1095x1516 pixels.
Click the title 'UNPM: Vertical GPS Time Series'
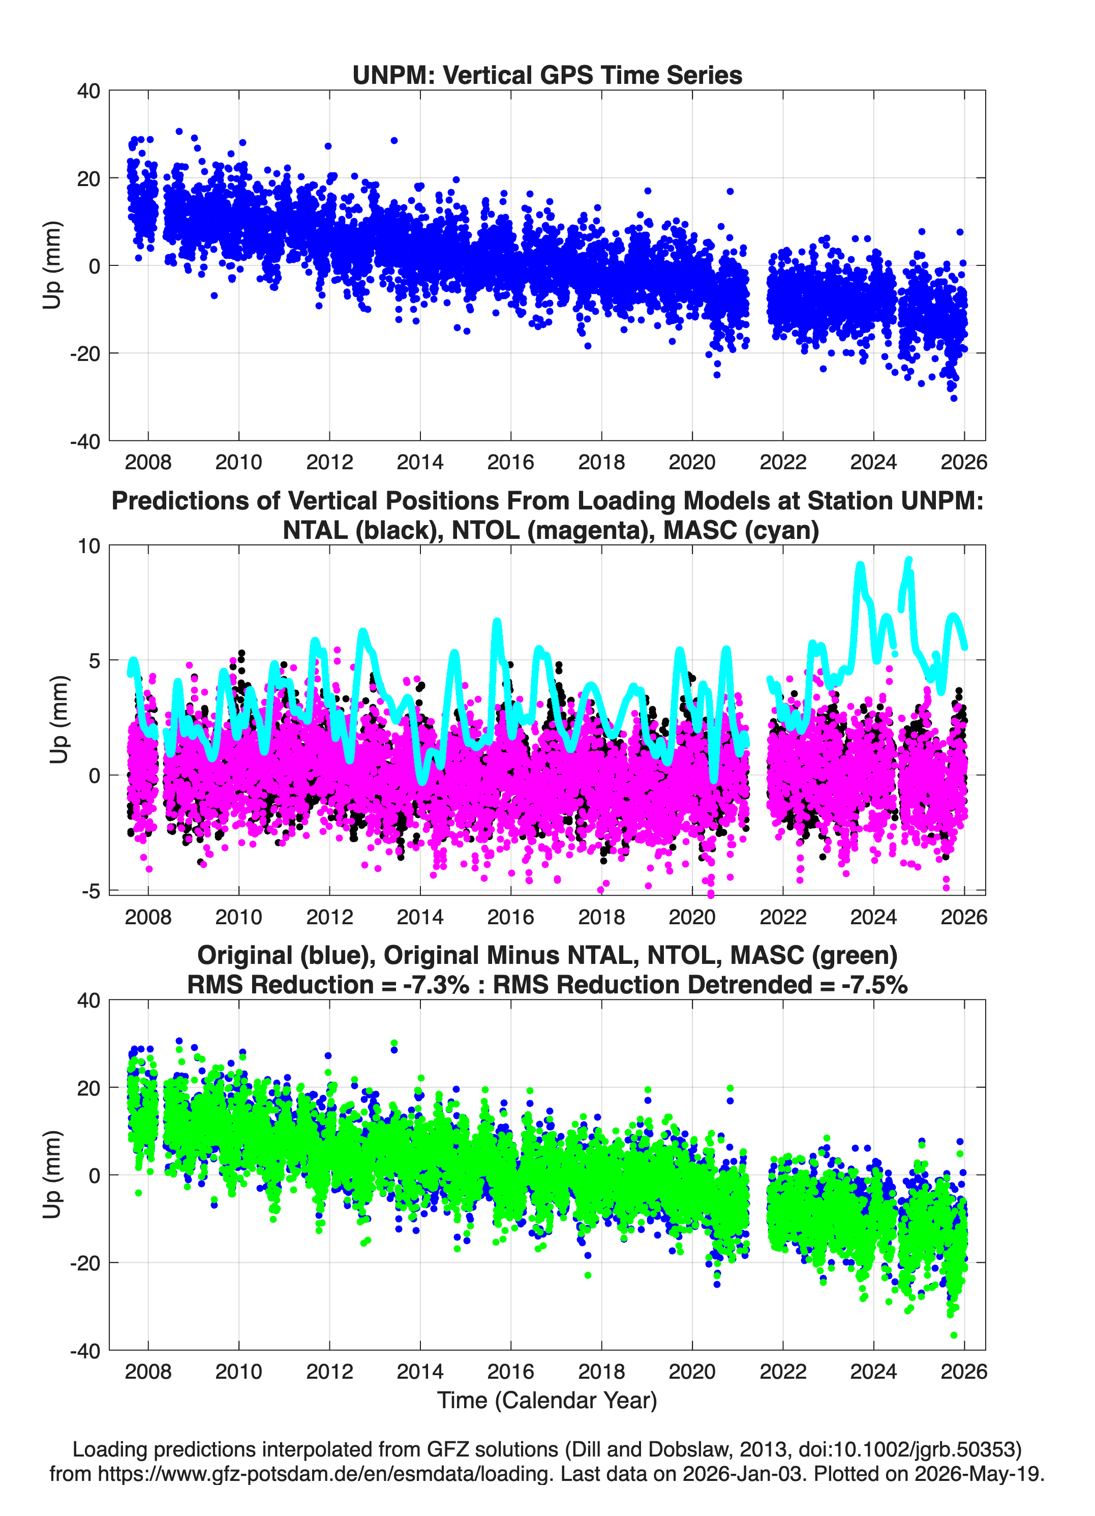click(x=547, y=75)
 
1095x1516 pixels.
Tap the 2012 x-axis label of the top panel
click(x=329, y=462)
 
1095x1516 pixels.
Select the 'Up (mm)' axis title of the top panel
click(x=52, y=265)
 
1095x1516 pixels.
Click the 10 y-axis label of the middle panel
click(x=89, y=546)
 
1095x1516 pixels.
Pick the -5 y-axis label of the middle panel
click(x=91, y=891)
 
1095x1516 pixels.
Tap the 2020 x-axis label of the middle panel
click(x=692, y=917)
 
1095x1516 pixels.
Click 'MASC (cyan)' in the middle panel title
click(x=741, y=530)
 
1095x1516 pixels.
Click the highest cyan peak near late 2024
click(x=908, y=560)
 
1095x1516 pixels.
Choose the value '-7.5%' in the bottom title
click(x=874, y=985)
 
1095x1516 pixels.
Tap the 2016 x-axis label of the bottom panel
click(x=511, y=1371)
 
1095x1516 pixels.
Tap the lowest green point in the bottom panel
click(x=954, y=1335)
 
